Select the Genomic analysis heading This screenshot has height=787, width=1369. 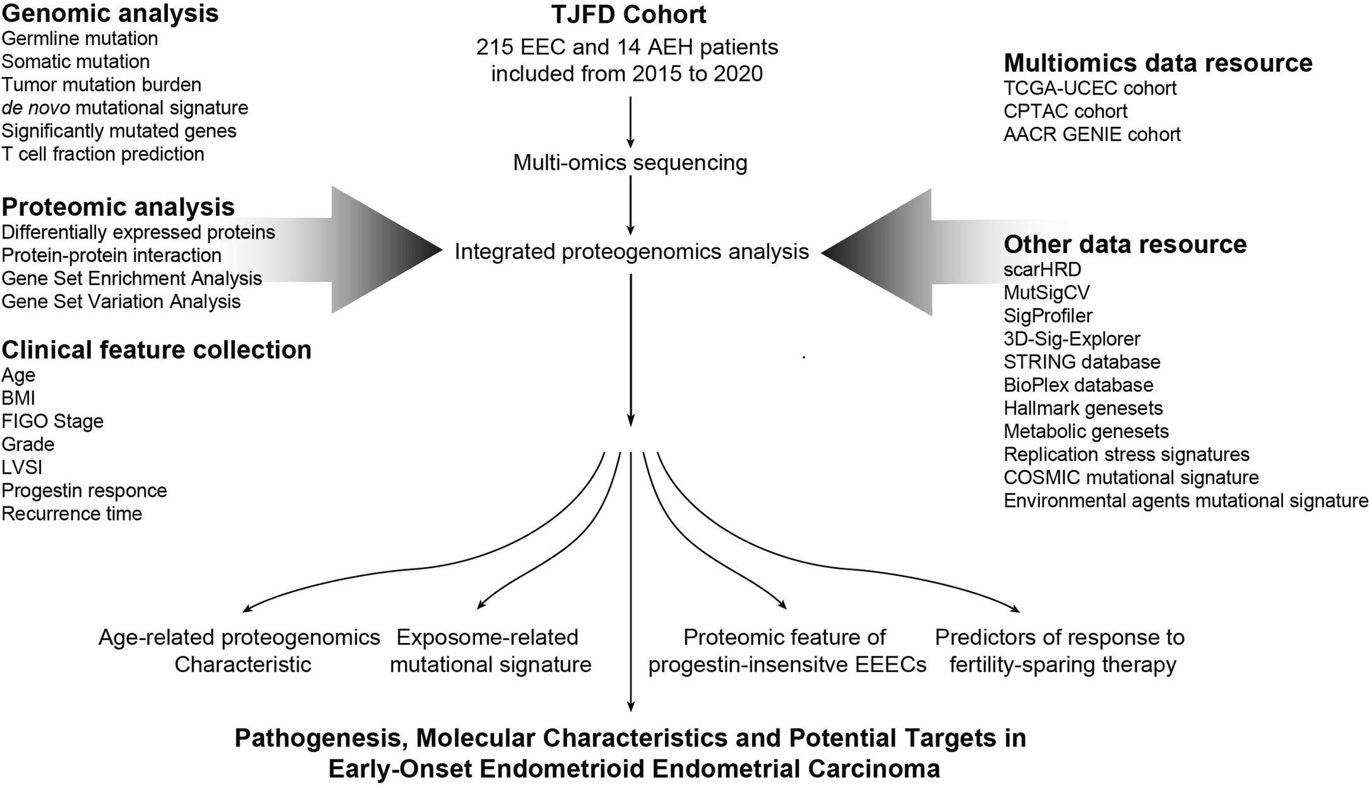point(110,13)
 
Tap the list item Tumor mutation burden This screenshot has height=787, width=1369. point(101,85)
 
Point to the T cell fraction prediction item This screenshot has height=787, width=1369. point(102,154)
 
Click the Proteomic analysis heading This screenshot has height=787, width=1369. point(117,207)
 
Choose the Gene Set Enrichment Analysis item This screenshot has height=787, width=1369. point(131,278)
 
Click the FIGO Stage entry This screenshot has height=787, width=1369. point(52,421)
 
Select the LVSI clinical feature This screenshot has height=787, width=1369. point(22,467)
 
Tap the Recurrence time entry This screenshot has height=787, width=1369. point(71,514)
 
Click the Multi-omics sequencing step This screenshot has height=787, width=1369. point(630,163)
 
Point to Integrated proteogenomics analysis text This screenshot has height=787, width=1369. point(631,252)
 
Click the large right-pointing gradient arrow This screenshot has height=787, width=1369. point(379,250)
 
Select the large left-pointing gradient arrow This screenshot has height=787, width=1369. point(884,252)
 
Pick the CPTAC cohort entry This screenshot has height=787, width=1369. point(1065,111)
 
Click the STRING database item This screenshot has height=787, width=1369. point(1081,362)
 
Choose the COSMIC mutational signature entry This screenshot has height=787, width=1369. point(1130,478)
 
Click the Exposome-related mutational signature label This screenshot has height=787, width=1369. point(489,651)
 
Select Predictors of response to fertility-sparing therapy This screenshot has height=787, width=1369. point(1060,651)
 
